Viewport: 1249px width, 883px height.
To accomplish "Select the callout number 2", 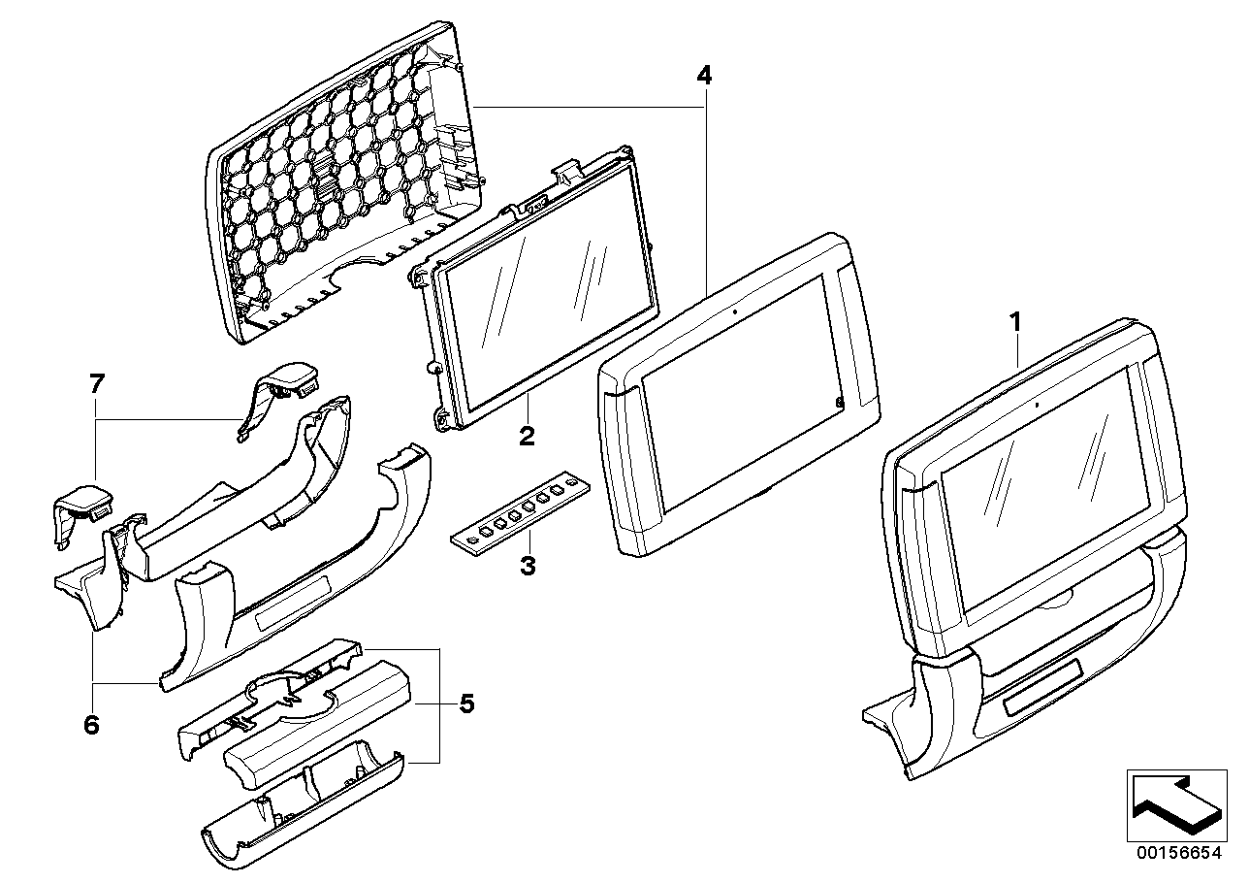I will [527, 437].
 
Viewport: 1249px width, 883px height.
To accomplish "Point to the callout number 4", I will [704, 74].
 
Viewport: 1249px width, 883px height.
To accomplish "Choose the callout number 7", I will [95, 384].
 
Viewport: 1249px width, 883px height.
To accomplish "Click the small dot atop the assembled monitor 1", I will [1037, 403].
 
